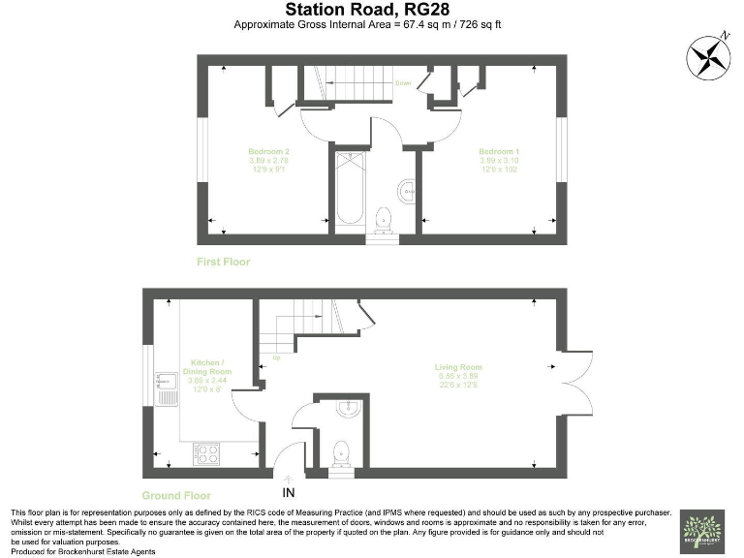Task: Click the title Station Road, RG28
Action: point(371,9)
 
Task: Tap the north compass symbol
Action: point(708,56)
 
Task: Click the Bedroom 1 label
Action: point(500,157)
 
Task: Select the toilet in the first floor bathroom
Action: point(385,217)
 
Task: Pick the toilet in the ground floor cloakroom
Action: point(340,450)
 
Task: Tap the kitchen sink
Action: point(163,385)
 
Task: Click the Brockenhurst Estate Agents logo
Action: point(701,532)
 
